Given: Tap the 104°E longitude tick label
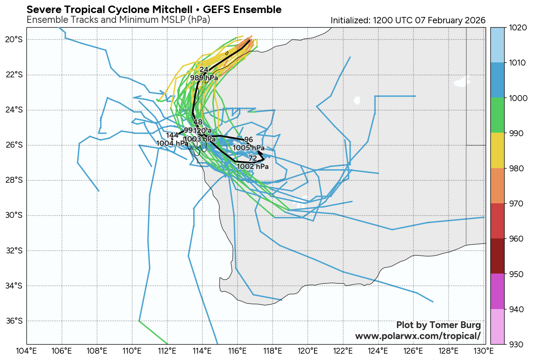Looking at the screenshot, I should (x=27, y=351).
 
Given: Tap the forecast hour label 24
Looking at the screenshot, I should (x=204, y=70).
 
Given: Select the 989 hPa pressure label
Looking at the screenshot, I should (x=204, y=78).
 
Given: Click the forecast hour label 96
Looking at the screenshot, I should (x=249, y=140).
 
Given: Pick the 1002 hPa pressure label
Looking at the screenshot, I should (x=252, y=167).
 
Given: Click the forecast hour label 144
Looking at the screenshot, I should (x=172, y=135).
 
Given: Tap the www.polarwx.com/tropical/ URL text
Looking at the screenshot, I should (x=418, y=336).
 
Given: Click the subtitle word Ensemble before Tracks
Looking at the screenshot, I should (x=45, y=20).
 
